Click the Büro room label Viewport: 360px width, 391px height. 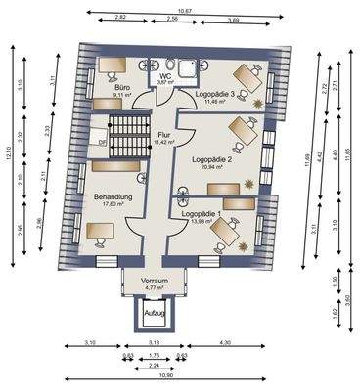123,87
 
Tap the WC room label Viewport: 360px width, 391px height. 165,74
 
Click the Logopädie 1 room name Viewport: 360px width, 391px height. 202,213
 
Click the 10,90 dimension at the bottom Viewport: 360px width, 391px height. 181,377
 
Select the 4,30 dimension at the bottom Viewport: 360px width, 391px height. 226,342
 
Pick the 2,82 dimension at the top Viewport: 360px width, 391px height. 120,19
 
